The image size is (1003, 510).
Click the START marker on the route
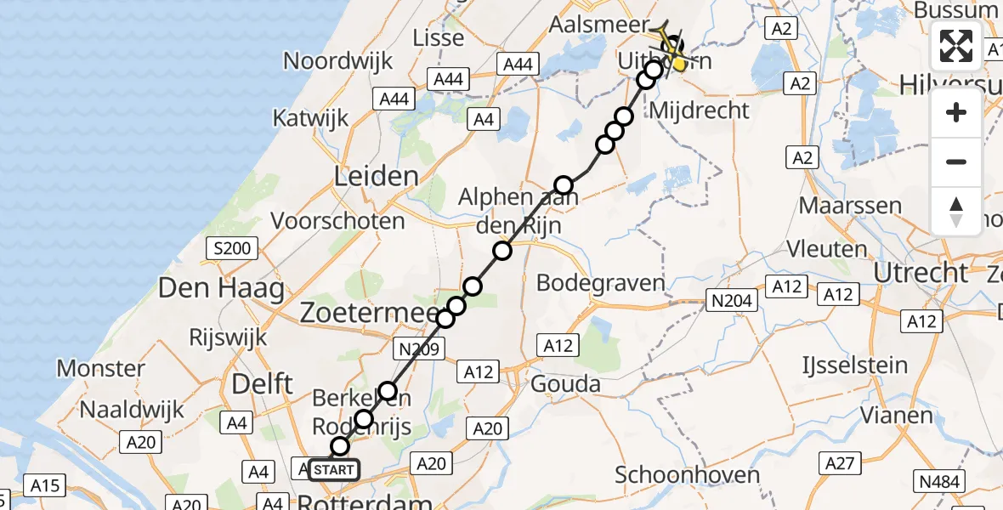[334, 470]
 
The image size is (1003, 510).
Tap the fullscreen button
[956, 46]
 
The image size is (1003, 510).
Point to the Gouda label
[565, 384]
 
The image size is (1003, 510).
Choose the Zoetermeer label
[365, 313]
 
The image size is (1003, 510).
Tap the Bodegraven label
[601, 283]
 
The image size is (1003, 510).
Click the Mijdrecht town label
[699, 110]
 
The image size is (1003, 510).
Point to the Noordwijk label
[337, 61]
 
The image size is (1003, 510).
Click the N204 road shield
[731, 300]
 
